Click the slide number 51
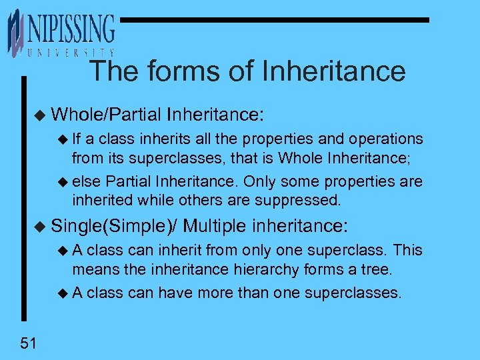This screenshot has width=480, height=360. tap(27, 343)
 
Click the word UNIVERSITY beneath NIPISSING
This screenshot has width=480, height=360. tap(71, 53)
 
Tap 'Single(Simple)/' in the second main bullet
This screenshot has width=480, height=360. tap(114, 225)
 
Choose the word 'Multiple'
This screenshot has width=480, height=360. tap(215, 225)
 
